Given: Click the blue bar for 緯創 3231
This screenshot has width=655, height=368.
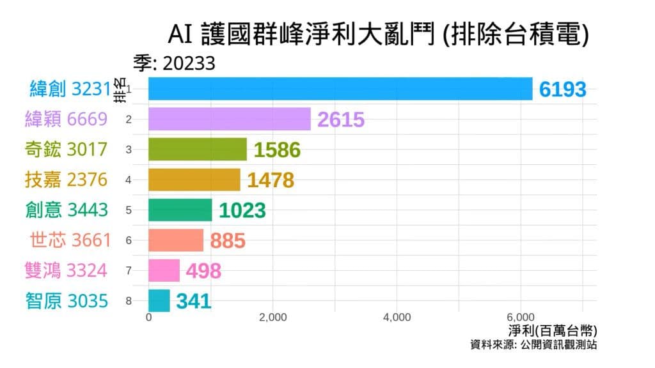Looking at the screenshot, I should pos(340,89).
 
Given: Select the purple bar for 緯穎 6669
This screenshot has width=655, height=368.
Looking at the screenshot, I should pos(230,119).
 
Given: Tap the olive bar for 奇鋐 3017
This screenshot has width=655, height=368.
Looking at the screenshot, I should pos(198,149).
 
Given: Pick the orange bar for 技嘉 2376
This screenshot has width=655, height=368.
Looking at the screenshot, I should pos(194,180).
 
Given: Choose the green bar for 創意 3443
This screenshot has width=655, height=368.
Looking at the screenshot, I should pos(180,210).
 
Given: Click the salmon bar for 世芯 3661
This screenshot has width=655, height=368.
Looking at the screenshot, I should pos(176,240).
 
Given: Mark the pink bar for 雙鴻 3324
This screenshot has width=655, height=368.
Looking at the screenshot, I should pos(164,270).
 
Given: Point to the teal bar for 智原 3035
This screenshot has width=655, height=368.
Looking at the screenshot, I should pos(159,300).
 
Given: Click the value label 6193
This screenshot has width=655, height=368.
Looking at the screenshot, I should pos(562,90).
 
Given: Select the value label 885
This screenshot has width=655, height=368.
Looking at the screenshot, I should pos(228,241).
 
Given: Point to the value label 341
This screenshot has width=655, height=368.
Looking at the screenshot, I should pos(194,301).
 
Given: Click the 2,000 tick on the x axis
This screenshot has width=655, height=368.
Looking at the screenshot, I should pos(272,318).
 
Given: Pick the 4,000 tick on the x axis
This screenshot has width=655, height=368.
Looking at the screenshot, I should pos(397,318).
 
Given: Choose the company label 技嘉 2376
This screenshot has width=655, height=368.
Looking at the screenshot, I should pos(66,180).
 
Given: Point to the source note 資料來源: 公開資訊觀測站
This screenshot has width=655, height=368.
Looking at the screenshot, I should pos(533,345).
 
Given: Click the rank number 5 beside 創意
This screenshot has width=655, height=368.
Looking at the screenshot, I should pos(129,210).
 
